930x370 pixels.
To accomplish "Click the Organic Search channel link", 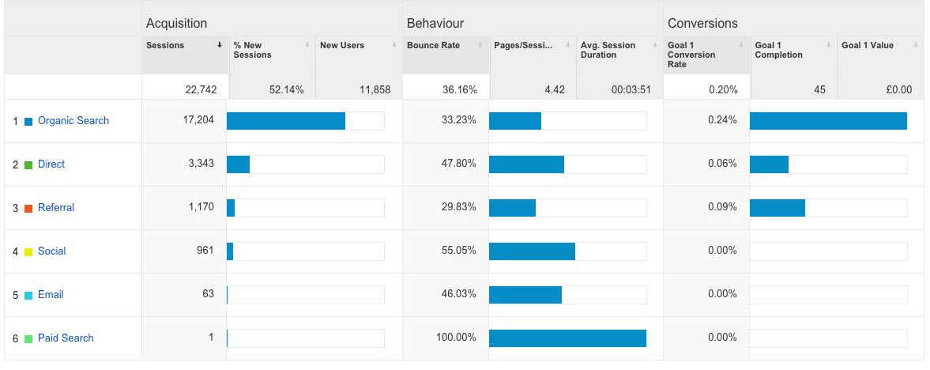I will [73, 121].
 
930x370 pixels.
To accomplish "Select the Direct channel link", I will [51, 164].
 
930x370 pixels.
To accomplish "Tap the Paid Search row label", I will [66, 338].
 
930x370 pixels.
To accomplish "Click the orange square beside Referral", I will [28, 209].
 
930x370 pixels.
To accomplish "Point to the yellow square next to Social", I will [28, 252].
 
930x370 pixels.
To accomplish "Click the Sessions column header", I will [165, 46].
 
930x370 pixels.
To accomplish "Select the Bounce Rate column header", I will [433, 46].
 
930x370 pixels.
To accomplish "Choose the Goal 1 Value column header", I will [868, 46].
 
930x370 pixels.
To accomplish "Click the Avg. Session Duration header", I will [608, 51].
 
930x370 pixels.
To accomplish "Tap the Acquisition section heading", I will [176, 24].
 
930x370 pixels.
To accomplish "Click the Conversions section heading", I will [702, 24].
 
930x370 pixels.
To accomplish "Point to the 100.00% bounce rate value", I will [456, 338].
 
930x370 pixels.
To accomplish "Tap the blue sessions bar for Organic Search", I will [285, 121].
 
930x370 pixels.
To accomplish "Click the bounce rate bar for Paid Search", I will [567, 338].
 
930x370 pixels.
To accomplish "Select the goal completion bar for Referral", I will [777, 208].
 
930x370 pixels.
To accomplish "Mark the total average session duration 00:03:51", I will [631, 90].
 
